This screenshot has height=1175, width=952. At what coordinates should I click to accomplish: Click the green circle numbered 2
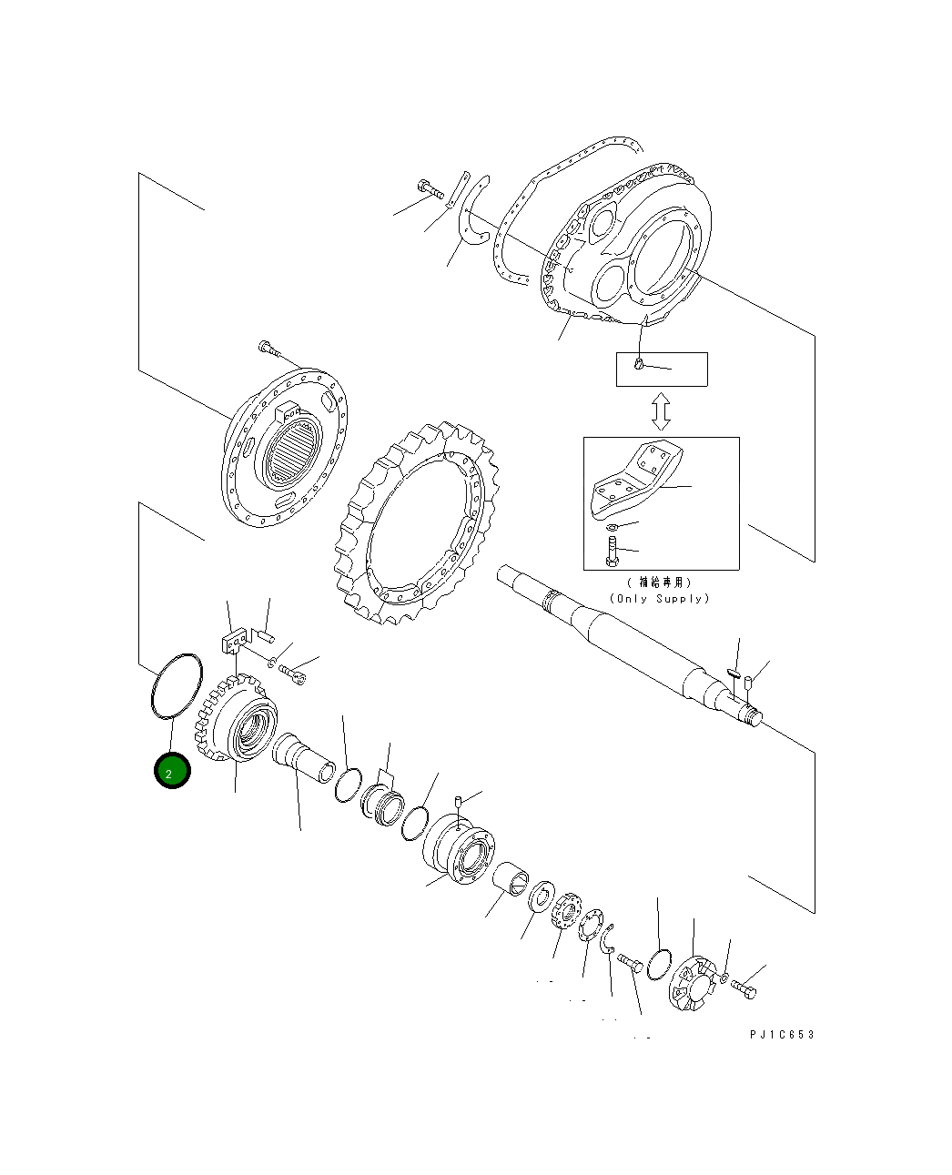point(172,772)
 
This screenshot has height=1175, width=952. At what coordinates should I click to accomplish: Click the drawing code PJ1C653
point(783,1035)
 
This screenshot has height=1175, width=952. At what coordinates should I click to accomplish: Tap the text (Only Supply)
point(659,599)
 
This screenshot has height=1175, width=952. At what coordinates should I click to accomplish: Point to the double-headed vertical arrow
point(662,411)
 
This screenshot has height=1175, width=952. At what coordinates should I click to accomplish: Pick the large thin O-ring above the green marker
point(175,686)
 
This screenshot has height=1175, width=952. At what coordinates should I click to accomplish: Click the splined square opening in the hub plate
point(292,451)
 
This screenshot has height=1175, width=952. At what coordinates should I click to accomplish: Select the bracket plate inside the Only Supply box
point(637,477)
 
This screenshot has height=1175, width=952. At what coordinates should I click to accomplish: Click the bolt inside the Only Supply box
point(611,550)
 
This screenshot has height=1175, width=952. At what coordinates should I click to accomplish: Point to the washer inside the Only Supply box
point(612,527)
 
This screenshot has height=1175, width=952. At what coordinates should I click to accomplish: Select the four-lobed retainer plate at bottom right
point(694,983)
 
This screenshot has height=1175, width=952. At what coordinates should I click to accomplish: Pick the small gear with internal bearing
point(238,724)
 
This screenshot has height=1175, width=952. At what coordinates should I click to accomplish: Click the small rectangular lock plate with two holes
point(235,641)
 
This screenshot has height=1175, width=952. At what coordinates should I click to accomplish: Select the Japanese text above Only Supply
point(659,582)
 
